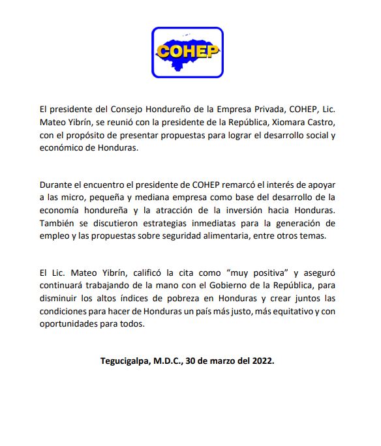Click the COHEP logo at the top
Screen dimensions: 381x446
pos(187,52)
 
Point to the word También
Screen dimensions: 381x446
pos(58,223)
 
